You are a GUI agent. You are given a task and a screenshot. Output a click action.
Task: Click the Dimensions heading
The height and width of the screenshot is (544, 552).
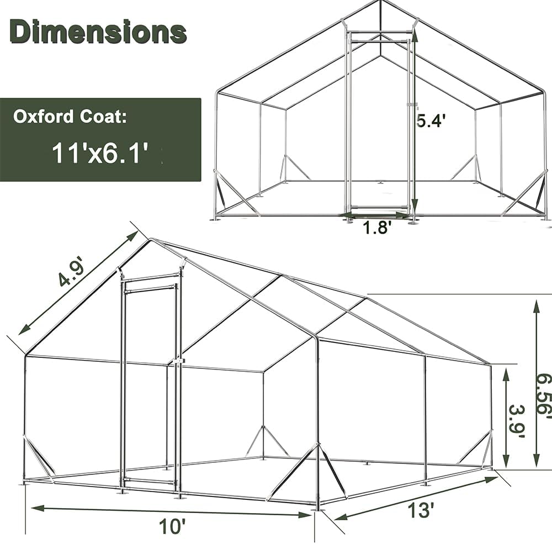pos(98,31)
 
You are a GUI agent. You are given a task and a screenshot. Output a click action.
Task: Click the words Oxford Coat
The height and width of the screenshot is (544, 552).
pos(70,117)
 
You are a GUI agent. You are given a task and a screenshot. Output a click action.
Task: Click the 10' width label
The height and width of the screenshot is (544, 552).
pos(171,526)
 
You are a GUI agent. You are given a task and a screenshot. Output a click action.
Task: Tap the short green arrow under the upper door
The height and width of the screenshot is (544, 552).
pos(375,214)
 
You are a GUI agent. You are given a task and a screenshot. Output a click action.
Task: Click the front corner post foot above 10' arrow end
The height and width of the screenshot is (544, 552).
pos(317,505)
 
